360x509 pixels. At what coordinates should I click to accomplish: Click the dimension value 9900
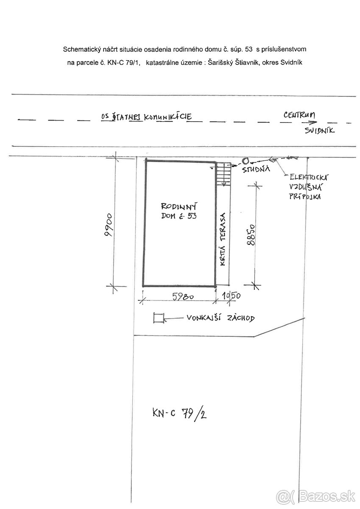coord(109,225)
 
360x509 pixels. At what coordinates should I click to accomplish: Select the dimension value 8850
coord(251,235)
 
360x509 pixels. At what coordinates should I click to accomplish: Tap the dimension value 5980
coord(183,296)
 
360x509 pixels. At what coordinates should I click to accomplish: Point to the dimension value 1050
coord(231,296)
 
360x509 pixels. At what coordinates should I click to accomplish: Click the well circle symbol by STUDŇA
coord(245,161)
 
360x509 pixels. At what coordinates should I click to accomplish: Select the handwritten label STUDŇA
coord(256,169)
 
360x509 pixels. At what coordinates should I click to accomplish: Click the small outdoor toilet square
coord(158,318)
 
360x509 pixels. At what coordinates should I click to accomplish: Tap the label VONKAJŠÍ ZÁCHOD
coord(220,318)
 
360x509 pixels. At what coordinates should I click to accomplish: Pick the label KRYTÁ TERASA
coord(223,239)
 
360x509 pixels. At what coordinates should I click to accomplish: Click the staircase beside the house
coord(223,174)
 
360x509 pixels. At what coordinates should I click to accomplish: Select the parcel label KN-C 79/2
coord(179,413)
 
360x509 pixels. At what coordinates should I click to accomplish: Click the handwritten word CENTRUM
coord(299,115)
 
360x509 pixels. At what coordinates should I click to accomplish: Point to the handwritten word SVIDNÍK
coord(320,131)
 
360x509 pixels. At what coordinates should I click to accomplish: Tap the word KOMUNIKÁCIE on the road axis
coord(167,117)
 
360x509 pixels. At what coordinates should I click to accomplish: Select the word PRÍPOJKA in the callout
coord(305,196)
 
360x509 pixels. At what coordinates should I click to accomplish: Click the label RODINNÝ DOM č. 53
coord(179,211)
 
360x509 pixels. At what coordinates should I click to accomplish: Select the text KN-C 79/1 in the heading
coord(123,63)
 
